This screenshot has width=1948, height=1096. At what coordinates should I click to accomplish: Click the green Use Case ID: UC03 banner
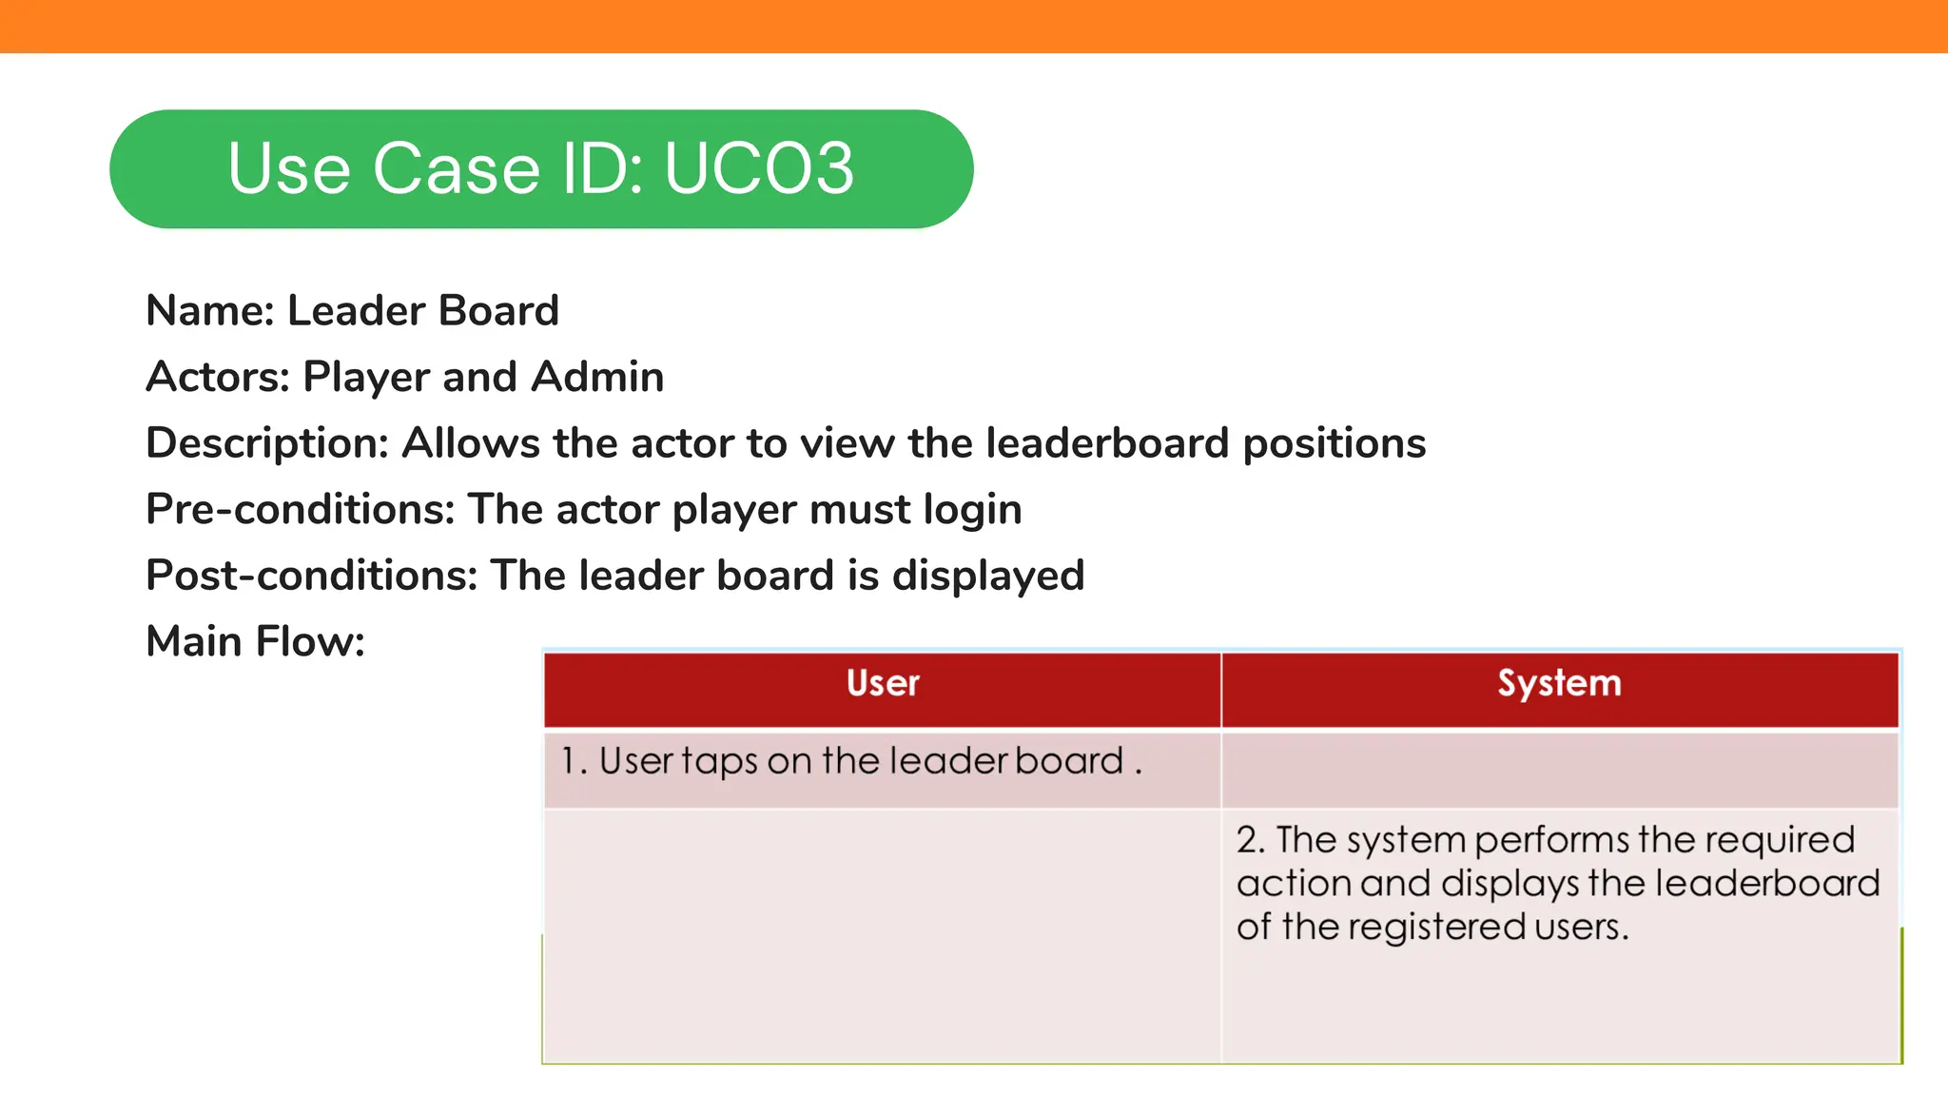pyautogui.click(x=541, y=169)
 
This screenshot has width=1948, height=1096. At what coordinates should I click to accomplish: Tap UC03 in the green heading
pyautogui.click(x=759, y=169)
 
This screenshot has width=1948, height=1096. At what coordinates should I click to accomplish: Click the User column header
pyautogui.click(x=883, y=684)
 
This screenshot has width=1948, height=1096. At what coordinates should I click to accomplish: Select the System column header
pyautogui.click(x=1559, y=684)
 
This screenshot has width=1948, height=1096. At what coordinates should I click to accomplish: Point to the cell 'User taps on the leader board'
pyautogui.click(x=851, y=761)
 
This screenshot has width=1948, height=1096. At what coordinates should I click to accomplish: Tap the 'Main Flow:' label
pyautogui.click(x=255, y=641)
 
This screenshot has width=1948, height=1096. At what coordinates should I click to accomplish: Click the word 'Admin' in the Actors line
pyautogui.click(x=597, y=377)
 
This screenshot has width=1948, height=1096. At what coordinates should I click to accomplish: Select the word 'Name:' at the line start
pyautogui.click(x=210, y=311)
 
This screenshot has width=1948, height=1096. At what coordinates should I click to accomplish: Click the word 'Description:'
pyautogui.click(x=267, y=443)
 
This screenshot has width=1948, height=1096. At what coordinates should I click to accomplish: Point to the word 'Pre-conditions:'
pyautogui.click(x=301, y=509)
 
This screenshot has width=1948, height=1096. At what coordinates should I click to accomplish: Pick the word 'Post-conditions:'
pyautogui.click(x=311, y=576)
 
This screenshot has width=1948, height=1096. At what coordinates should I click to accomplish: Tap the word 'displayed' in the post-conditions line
pyautogui.click(x=987, y=577)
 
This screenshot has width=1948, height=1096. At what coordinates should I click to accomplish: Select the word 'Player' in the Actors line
pyautogui.click(x=366, y=378)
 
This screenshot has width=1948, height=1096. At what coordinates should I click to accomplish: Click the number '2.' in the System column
pyautogui.click(x=1250, y=840)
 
